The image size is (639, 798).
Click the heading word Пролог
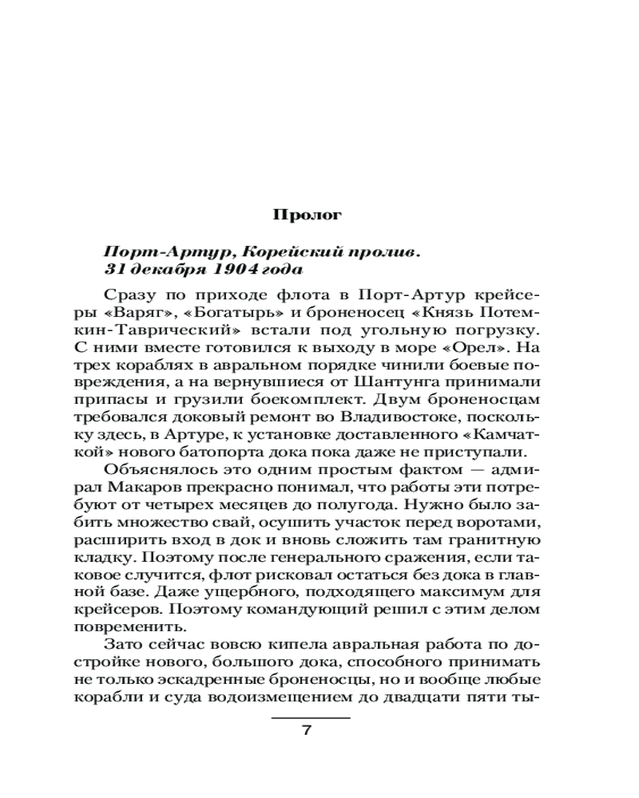(x=308, y=214)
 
